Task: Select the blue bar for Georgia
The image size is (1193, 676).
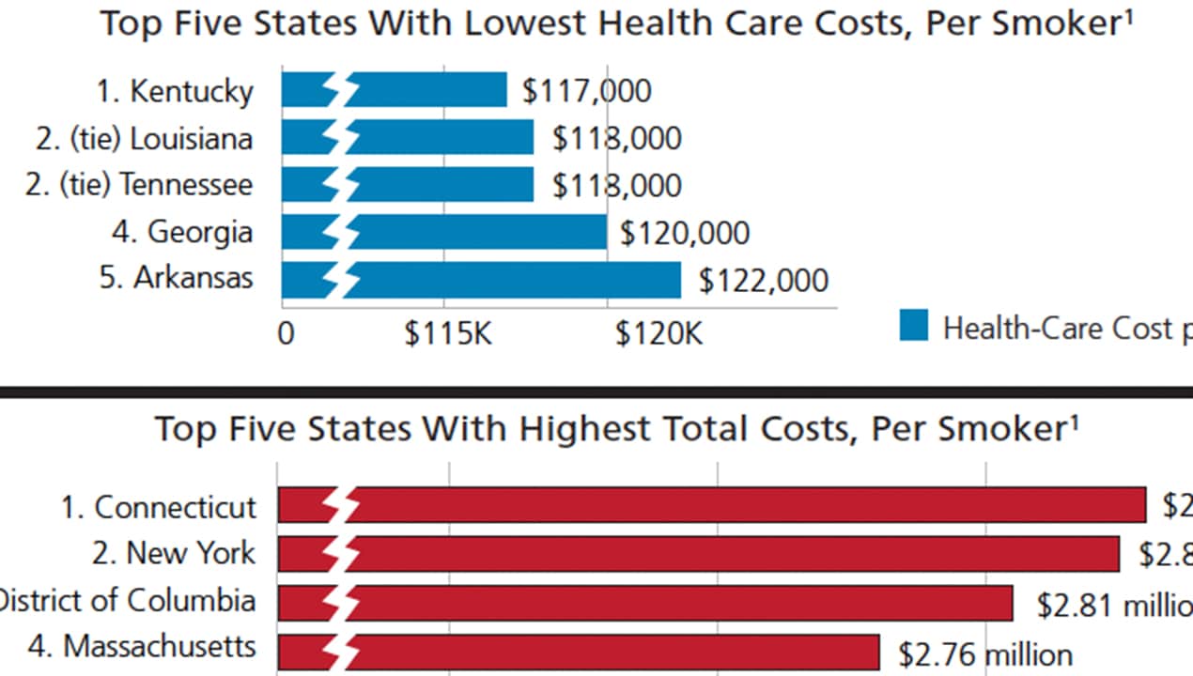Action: pos(479,232)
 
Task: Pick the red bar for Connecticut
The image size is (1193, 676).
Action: pos(751,505)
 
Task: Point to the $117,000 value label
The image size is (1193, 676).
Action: pos(587,91)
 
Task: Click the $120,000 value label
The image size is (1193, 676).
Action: pos(685,232)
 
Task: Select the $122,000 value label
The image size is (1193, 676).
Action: pos(764,280)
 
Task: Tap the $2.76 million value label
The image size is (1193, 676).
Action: pos(984,653)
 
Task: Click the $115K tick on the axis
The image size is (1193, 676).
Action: pos(448,333)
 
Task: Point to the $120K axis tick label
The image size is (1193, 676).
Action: pos(658,333)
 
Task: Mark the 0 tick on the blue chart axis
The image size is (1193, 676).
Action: pos(286,334)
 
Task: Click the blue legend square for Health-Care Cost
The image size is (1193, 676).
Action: pos(913,326)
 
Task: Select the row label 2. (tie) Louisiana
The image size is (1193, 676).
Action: pos(145,139)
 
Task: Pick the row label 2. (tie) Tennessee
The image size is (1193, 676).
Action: pos(139,185)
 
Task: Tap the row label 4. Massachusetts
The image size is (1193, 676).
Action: pos(159,647)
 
